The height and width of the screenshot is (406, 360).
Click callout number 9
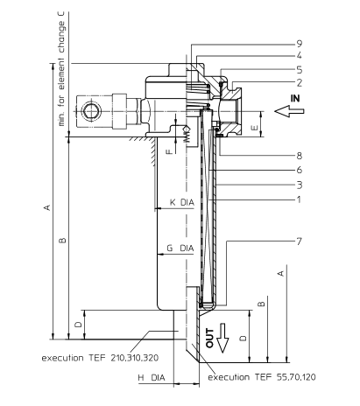point(300,44)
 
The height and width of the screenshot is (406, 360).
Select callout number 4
point(300,56)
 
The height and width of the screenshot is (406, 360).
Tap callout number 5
point(300,70)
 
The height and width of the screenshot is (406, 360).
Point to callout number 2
point(300,83)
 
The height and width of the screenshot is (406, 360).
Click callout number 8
point(300,156)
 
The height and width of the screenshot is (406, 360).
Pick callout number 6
point(300,170)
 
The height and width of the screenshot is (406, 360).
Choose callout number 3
point(300,185)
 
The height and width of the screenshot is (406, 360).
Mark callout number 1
point(299,199)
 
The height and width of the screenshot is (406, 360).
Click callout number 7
point(300,241)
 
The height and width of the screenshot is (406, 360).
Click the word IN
point(295,98)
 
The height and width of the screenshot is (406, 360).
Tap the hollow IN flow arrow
point(289,111)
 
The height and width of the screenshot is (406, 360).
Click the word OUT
point(210,338)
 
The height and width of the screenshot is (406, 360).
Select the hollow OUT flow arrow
point(223,338)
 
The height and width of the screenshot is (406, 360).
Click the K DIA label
point(182,202)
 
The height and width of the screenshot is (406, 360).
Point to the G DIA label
point(180,248)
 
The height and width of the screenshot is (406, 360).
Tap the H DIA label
point(152,378)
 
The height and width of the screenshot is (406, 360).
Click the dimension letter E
point(254,128)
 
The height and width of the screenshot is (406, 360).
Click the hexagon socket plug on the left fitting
point(92,111)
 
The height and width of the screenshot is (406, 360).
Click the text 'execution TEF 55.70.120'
point(262,377)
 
